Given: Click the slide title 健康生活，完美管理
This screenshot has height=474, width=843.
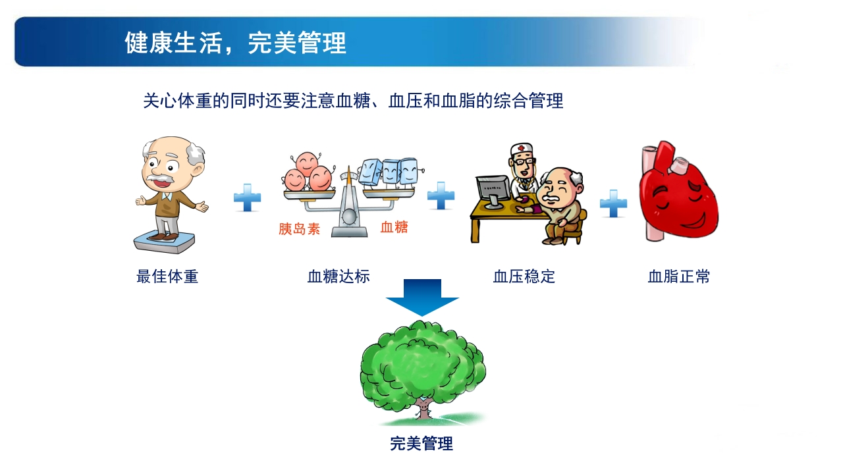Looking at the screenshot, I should point(235,43).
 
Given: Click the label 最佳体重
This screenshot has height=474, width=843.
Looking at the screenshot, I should point(167,276).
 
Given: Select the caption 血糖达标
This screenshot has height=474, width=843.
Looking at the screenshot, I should point(339,276).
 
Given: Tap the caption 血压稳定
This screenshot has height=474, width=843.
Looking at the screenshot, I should point(524,276).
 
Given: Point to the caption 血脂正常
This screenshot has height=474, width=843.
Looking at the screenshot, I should point(679,276).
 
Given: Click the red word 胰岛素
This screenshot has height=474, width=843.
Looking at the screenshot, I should point(300,229).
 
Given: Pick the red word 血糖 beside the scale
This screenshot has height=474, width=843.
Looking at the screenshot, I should point(394,227).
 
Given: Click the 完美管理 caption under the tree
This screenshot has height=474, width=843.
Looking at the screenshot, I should point(421,444).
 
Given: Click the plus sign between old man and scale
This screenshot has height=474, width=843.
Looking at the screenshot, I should point(248,198).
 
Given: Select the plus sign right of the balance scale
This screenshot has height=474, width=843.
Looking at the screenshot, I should point(441,196).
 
